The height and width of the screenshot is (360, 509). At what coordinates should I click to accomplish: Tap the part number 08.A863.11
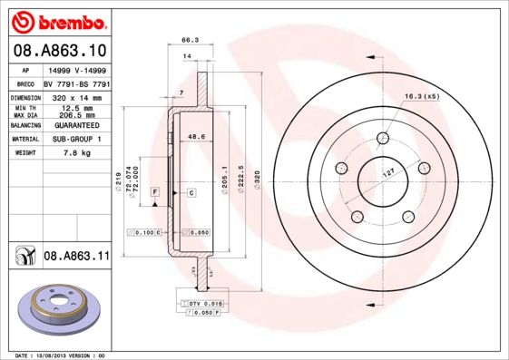click(x=76, y=258)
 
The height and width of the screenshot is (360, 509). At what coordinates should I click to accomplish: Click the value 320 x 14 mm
click(x=75, y=96)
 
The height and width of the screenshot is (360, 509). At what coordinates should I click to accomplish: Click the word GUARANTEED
click(x=75, y=125)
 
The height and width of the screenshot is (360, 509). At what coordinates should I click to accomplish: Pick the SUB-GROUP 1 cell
click(x=75, y=139)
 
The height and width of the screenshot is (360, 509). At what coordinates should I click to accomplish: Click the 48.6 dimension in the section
click(x=193, y=136)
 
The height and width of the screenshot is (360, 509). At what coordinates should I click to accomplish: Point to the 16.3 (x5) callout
click(x=422, y=95)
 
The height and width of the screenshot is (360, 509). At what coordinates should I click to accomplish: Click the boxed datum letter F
click(x=155, y=193)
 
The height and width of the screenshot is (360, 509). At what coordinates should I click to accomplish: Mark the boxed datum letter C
click(x=192, y=193)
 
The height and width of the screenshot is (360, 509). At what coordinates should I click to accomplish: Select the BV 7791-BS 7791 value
click(x=75, y=83)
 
